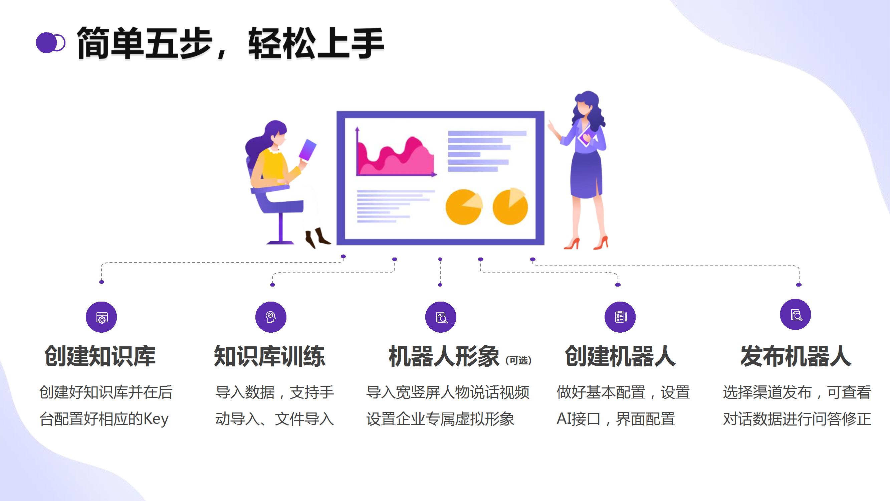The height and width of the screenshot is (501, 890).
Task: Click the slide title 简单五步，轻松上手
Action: click(x=230, y=43)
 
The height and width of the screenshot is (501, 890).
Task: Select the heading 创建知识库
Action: click(x=100, y=356)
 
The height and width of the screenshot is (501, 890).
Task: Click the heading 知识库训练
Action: click(x=269, y=356)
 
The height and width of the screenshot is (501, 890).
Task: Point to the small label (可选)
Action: click(x=518, y=360)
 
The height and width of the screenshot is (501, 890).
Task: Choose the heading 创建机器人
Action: click(x=620, y=356)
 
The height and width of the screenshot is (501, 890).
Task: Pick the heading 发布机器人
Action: click(x=795, y=356)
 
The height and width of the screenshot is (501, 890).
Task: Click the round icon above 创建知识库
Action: click(x=101, y=317)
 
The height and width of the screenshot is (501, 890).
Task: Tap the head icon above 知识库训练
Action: click(x=271, y=317)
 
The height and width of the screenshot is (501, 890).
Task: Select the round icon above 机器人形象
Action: click(x=441, y=317)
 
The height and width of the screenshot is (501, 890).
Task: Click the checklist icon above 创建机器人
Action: click(x=620, y=317)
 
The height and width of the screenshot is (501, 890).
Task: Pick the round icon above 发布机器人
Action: click(x=795, y=315)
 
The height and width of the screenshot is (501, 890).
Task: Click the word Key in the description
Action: click(x=156, y=419)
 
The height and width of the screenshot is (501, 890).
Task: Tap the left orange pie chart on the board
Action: click(x=463, y=207)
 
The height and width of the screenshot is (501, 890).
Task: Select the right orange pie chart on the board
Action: click(x=510, y=207)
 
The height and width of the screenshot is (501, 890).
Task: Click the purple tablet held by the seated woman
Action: click(x=307, y=150)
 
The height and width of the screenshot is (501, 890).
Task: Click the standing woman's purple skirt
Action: click(x=586, y=176)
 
